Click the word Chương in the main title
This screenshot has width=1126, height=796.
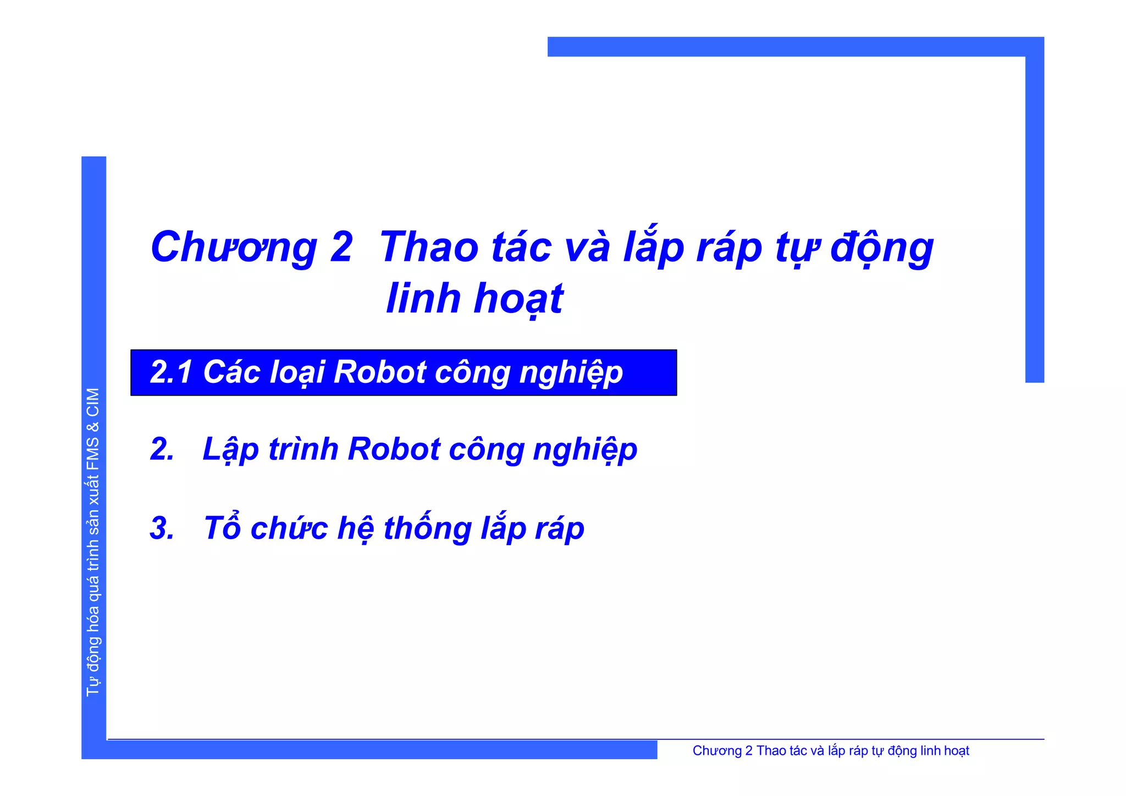[234, 248]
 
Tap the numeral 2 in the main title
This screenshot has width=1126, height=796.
[341, 248]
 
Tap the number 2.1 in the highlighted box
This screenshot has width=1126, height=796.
[171, 372]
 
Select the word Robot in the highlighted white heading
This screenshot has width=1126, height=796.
[380, 372]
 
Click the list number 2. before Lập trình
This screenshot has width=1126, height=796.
[162, 449]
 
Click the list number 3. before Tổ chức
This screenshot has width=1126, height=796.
[162, 529]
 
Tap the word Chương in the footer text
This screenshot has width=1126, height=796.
[717, 751]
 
